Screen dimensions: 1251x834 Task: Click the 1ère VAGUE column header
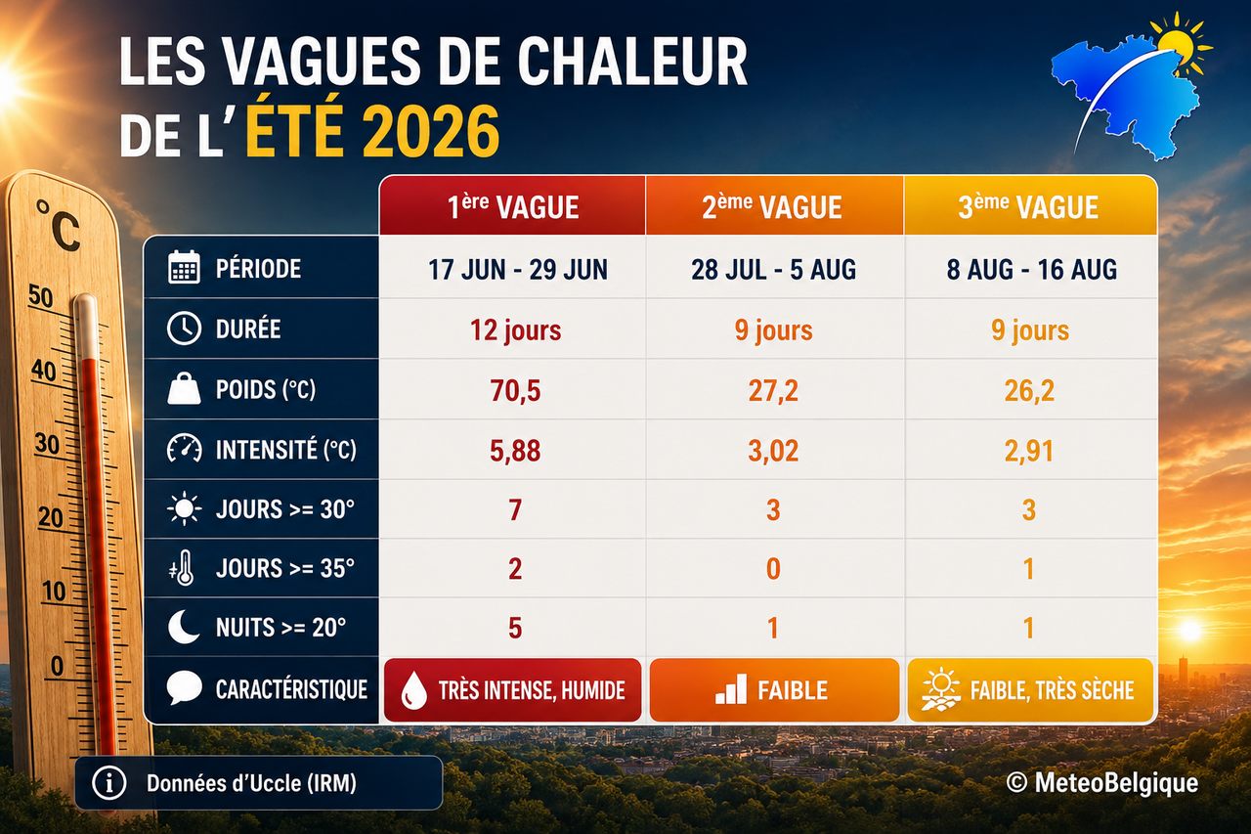pos(512,205)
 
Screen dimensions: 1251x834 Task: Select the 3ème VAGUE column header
pos(1030,205)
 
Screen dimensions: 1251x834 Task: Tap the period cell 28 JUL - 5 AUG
pos(773,269)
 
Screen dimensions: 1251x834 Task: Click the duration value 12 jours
pos(515,329)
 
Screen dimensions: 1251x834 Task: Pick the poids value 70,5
pos(515,390)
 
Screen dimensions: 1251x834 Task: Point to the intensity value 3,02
pos(773,450)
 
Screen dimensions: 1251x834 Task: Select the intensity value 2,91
pos(1029,450)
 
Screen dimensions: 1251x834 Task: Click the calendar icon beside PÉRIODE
pos(184,267)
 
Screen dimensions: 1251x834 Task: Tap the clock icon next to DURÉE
pos(184,328)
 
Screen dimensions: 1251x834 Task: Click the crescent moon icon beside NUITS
pos(183,627)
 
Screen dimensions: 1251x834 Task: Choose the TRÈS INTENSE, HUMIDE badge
pos(512,690)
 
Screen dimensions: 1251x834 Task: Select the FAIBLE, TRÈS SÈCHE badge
pos(1030,690)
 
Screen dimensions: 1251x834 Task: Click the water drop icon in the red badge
pos(413,690)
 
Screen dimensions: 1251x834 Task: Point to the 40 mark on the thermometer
pos(44,371)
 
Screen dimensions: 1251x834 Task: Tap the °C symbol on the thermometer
pos(59,225)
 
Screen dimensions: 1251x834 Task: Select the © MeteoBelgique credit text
pos(1101,782)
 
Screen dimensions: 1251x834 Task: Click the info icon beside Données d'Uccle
pos(108,783)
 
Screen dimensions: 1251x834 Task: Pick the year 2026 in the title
pos(429,132)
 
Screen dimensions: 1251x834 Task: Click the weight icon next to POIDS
pos(184,388)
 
